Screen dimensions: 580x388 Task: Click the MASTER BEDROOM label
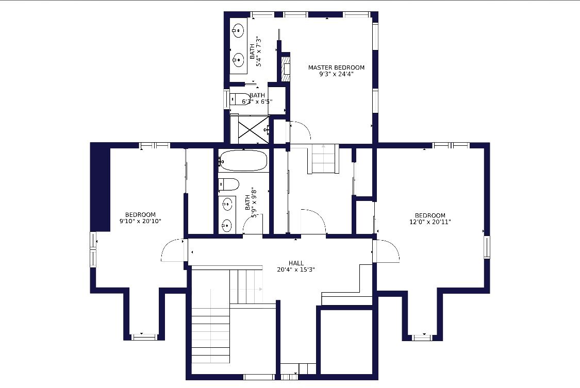coord(336,68)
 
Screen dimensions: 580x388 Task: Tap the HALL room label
coord(296,263)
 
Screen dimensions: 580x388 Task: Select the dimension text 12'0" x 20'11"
coord(430,222)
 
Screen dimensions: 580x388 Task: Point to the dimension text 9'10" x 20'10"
coord(140,222)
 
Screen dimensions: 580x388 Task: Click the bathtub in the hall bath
coord(243,160)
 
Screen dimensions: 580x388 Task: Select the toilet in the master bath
coord(239,99)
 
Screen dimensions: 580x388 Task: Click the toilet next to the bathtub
coord(228,184)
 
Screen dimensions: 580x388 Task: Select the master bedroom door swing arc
coord(301,130)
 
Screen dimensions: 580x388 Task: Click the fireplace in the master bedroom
coord(286,69)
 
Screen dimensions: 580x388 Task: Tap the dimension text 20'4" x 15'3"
coord(296,270)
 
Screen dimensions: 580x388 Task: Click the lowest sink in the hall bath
coord(227,224)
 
